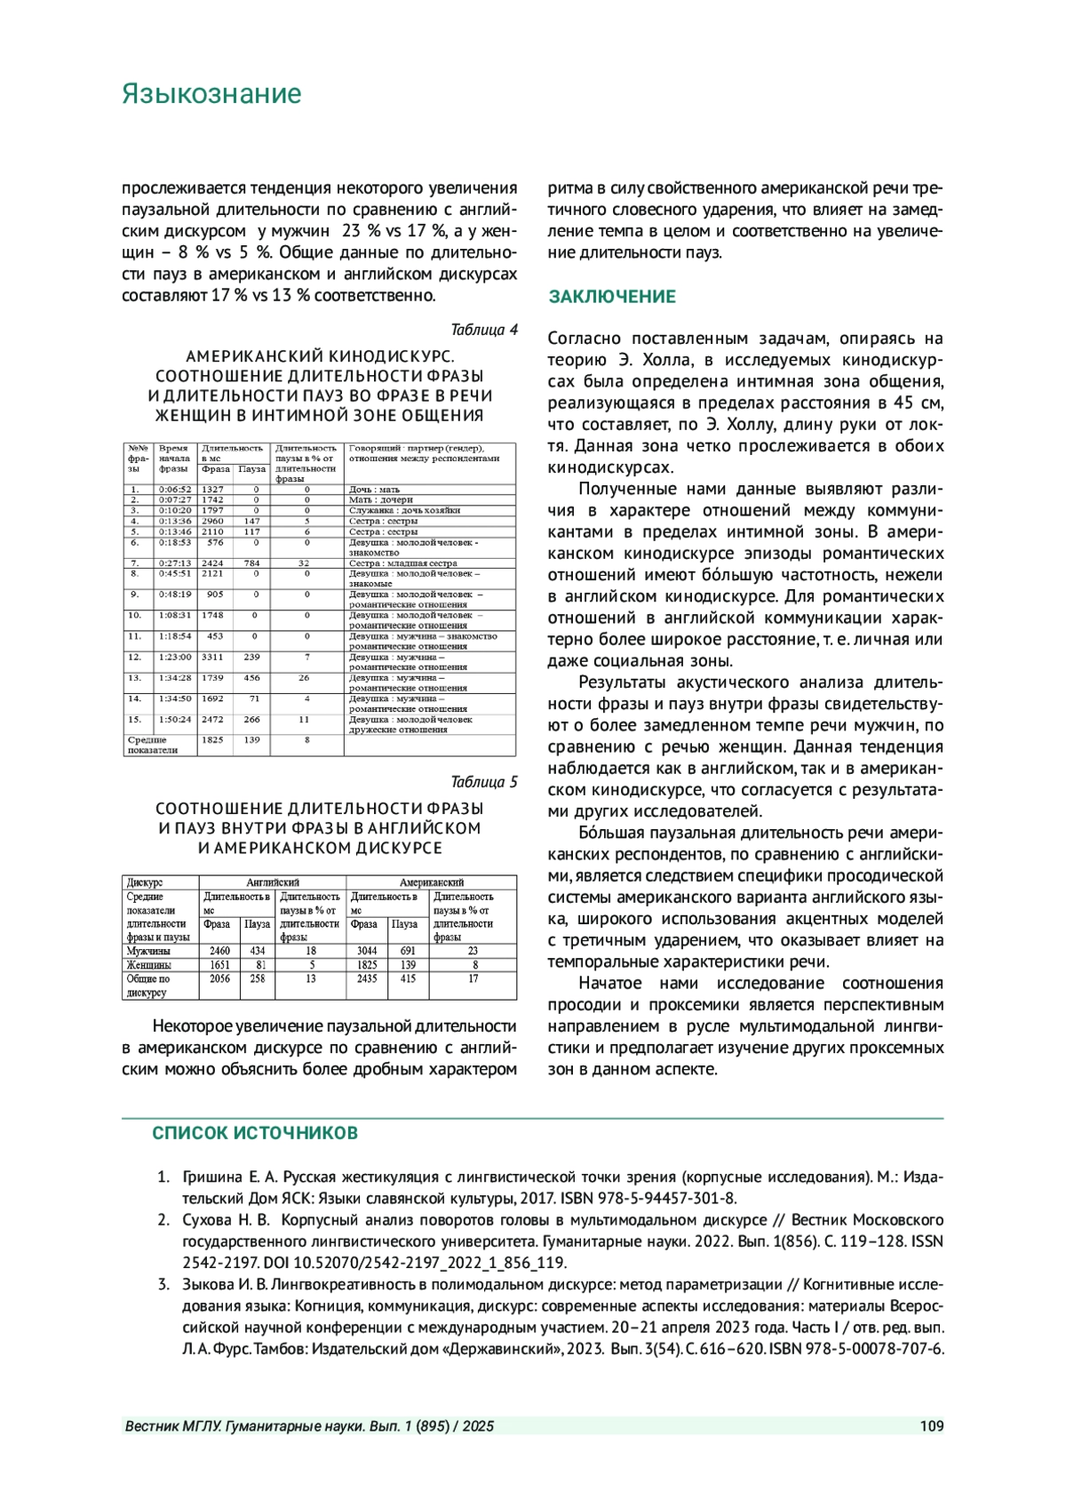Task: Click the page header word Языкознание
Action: [x=211, y=94]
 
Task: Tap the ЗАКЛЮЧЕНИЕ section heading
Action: [x=612, y=297]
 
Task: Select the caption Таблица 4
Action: [x=483, y=330]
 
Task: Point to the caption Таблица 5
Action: [x=483, y=782]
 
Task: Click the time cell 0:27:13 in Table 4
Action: [x=175, y=563]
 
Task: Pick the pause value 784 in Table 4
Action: [x=252, y=563]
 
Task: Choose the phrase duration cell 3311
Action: [x=212, y=657]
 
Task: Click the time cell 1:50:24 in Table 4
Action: [x=175, y=719]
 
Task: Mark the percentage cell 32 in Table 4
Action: [x=305, y=563]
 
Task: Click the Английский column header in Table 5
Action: [x=273, y=882]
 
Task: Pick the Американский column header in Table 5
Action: [x=431, y=882]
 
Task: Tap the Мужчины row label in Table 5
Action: [x=148, y=951]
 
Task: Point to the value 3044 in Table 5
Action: [x=367, y=951]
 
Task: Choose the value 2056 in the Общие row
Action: [x=219, y=978]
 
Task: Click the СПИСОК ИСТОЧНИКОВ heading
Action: [x=255, y=1133]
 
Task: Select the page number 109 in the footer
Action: [x=931, y=1426]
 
